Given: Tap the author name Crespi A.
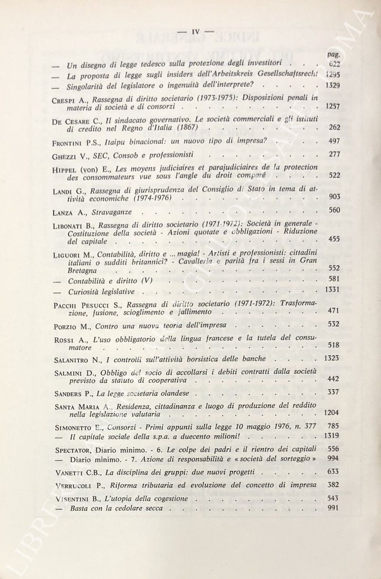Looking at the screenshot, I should click(x=71, y=99).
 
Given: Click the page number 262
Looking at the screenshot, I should click(x=333, y=127).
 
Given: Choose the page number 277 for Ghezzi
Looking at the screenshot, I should click(x=333, y=154).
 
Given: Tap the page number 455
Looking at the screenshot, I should click(x=333, y=240).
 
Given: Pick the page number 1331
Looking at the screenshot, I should click(x=331, y=290).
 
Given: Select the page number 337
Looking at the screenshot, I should click(x=333, y=392).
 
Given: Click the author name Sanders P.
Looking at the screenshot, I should click(x=75, y=394).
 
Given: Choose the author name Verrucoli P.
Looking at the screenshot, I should click(x=79, y=486).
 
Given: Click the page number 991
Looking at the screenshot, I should click(x=333, y=508).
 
